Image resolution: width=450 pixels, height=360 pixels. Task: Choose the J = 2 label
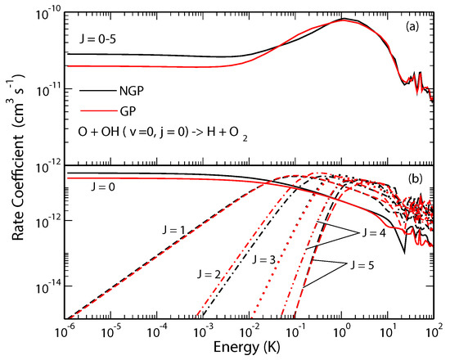211,272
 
